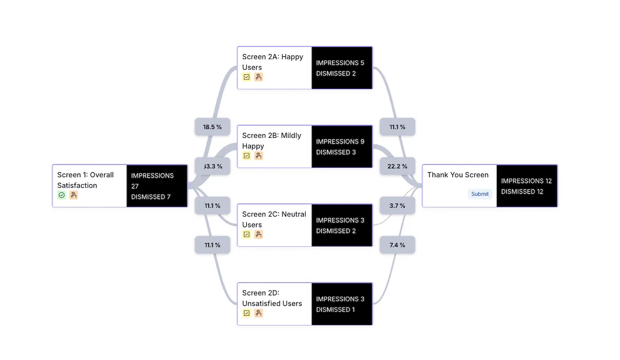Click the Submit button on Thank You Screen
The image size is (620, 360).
(480, 194)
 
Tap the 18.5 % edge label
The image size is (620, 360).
(212, 127)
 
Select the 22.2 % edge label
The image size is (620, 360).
(397, 166)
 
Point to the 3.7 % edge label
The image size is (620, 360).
(397, 206)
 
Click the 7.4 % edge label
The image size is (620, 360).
(397, 245)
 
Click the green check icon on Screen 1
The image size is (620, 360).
(62, 195)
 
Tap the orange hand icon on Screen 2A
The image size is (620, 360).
(259, 77)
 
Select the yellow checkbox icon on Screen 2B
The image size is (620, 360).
(247, 156)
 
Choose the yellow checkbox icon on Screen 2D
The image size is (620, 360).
(247, 314)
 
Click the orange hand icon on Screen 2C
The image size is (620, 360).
(259, 235)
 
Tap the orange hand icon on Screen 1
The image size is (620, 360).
(74, 195)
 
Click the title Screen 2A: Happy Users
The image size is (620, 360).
(272, 62)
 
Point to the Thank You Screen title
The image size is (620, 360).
(457, 175)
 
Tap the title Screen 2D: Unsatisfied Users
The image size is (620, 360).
(272, 298)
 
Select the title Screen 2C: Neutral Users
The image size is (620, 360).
(274, 219)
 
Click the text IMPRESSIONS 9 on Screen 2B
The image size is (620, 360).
(340, 142)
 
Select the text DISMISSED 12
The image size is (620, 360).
(522, 192)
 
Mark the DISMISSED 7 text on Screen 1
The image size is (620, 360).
(151, 197)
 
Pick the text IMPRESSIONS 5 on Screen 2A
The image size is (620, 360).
(340, 63)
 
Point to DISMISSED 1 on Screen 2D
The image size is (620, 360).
(335, 310)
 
